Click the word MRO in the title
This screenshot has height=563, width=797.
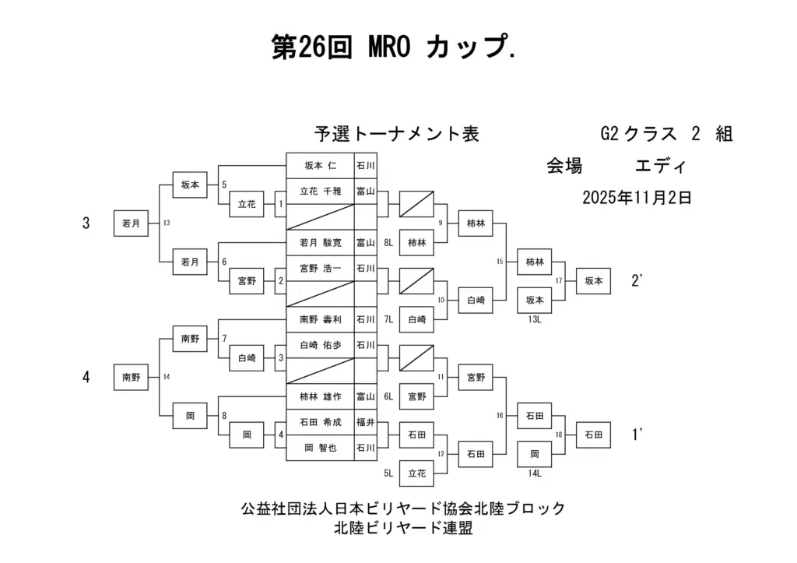(387, 48)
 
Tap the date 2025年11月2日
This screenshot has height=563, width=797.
(637, 198)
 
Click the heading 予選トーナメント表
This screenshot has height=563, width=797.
(396, 134)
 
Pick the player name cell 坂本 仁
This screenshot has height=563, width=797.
(320, 165)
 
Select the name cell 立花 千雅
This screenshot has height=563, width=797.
(320, 191)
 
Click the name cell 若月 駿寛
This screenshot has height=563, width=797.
(320, 242)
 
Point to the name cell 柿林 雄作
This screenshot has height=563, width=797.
(320, 396)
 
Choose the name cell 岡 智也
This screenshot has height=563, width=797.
(320, 447)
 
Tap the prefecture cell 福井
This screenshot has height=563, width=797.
(365, 421)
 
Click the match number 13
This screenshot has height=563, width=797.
(167, 223)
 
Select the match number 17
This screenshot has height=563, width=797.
(559, 280)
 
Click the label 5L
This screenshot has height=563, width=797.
(388, 473)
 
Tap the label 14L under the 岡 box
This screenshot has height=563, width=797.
(535, 472)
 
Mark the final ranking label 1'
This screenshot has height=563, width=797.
(637, 435)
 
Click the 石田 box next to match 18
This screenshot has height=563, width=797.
(593, 435)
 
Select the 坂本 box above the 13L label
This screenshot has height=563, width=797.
(535, 300)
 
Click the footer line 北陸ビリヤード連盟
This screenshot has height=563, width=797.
(403, 528)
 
